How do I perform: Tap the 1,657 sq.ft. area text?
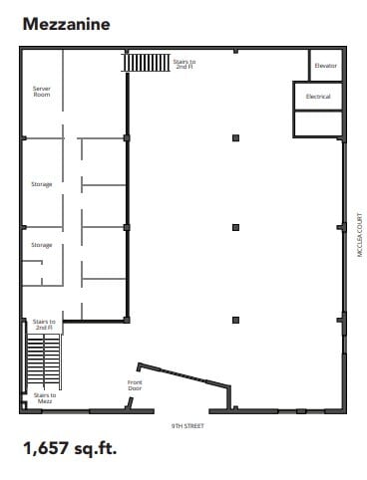pos(70,448)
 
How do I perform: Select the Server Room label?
pos(42,92)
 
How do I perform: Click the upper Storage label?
pos(41,184)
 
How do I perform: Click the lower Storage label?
pos(41,244)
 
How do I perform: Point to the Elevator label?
pos(325,66)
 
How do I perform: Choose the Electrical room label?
pos(318,97)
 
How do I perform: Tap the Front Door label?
pos(136,384)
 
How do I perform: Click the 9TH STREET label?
pos(186,424)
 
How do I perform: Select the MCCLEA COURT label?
pos(359,235)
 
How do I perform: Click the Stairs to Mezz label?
pos(44,398)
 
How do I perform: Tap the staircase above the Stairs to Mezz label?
pos(44,360)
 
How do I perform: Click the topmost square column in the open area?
pos(235,137)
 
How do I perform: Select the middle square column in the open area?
pos(235,227)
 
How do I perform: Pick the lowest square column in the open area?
pos(235,320)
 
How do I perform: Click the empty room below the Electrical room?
pos(318,123)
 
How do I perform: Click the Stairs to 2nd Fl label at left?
pos(44,325)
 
